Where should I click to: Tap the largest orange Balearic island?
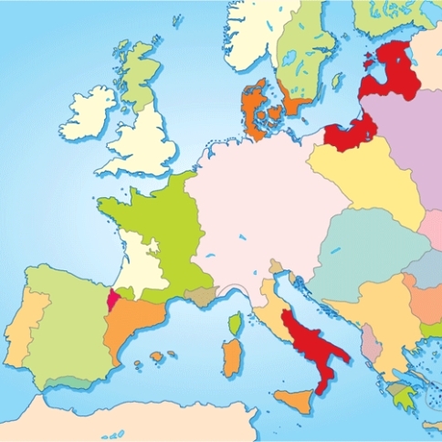157,355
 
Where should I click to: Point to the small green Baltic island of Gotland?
337,81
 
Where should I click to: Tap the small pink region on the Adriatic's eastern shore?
370,342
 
